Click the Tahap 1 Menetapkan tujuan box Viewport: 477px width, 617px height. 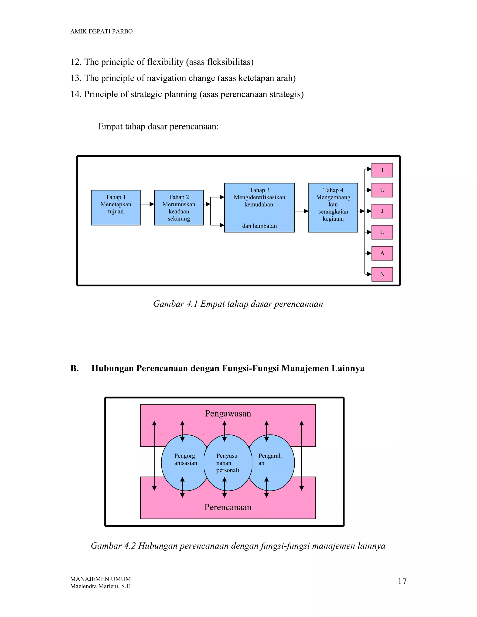[116, 207]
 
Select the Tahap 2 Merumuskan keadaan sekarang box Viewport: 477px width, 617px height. [179, 207]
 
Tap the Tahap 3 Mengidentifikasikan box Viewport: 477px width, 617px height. [259, 207]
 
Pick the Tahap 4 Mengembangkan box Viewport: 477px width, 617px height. [333, 207]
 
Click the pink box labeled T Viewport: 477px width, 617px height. [382, 170]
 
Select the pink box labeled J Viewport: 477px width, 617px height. [382, 211]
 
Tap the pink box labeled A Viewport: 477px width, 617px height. [382, 253]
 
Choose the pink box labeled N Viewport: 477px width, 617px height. [382, 274]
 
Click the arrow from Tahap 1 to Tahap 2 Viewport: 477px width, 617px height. [147, 204]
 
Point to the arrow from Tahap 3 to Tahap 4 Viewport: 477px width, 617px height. [301, 211]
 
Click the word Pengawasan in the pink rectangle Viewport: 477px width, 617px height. [228, 414]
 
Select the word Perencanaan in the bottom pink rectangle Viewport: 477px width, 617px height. [228, 507]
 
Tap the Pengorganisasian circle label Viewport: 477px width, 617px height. [185, 459]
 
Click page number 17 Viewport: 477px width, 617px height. [402, 581]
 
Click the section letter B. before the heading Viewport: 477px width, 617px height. [74, 368]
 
